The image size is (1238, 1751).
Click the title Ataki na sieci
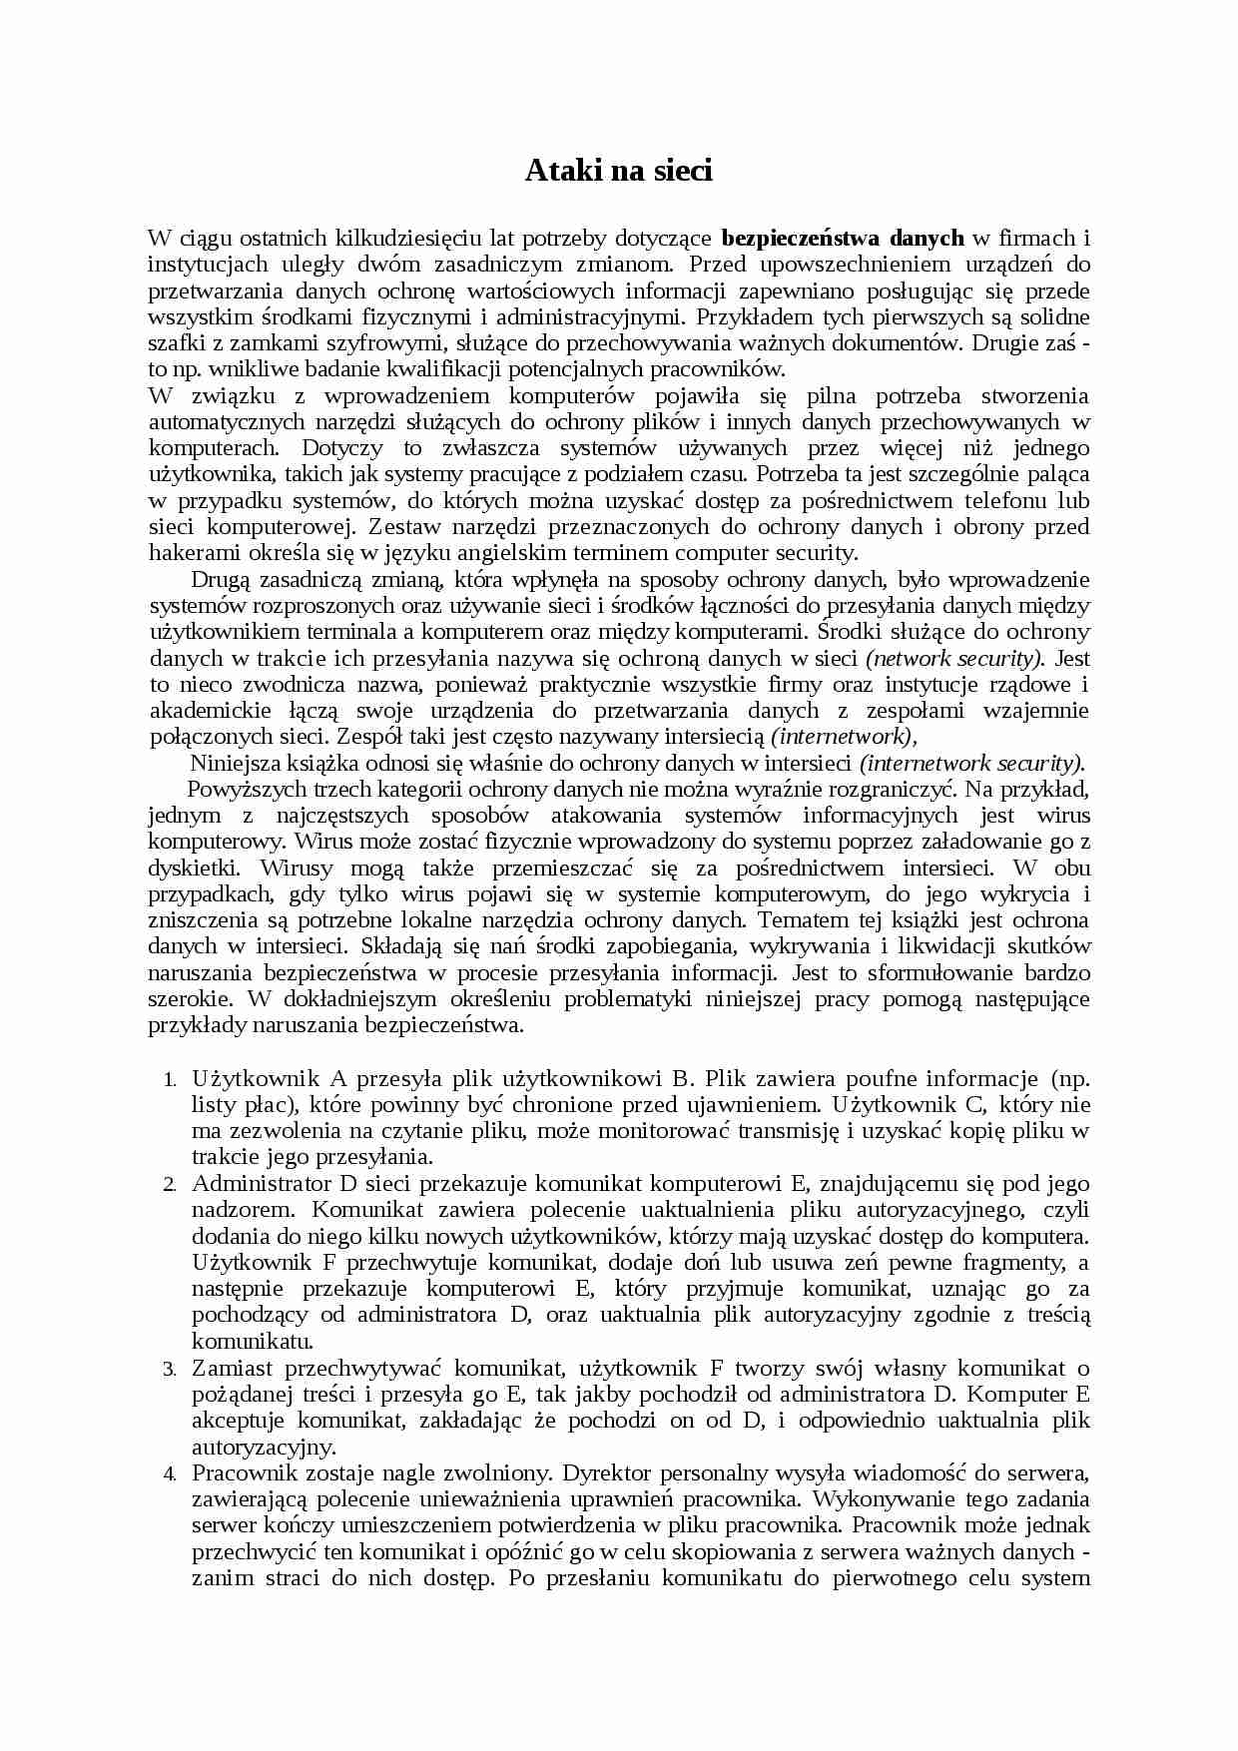pyautogui.click(x=619, y=171)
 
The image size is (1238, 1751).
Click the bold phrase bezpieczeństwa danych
pyautogui.click(x=842, y=238)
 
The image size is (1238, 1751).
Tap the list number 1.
pyautogui.click(x=171, y=1080)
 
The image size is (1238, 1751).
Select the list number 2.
pyautogui.click(x=171, y=1185)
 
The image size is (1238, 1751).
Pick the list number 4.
pyautogui.click(x=171, y=1474)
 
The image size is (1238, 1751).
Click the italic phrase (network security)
pyautogui.click(x=954, y=658)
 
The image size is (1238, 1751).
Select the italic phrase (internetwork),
pyautogui.click(x=843, y=737)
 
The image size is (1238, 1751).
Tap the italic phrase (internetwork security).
pyautogui.click(x=971, y=764)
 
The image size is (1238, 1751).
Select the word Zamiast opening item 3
pyautogui.click(x=233, y=1368)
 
